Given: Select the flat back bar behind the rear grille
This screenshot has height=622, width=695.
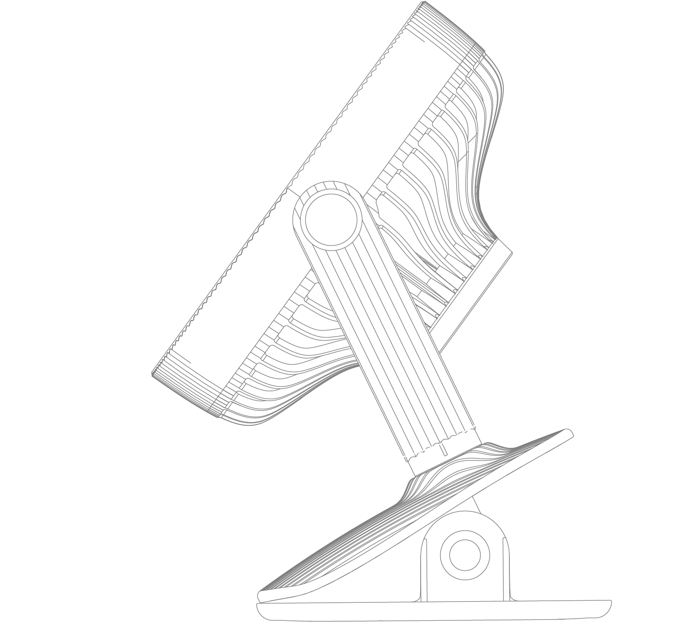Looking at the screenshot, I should pyautogui.click(x=474, y=294).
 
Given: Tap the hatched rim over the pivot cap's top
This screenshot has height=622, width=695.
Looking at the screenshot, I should pyautogui.click(x=327, y=188).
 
